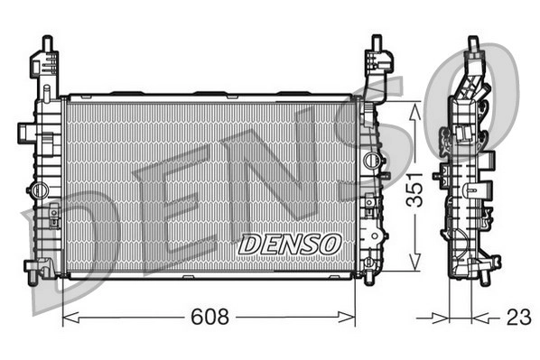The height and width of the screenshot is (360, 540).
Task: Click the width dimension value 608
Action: click(x=209, y=317)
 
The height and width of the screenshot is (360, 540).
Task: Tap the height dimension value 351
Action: click(x=414, y=189)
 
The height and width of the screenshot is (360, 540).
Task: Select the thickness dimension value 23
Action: click(x=519, y=317)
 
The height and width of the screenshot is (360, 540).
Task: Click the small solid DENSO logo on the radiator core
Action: click(x=290, y=245)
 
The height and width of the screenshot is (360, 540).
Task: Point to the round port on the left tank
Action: click(x=39, y=189)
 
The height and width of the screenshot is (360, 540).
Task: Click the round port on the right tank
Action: click(x=371, y=160)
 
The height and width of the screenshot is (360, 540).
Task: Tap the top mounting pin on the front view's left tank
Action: click(x=47, y=42)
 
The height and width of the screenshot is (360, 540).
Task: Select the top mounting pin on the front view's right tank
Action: click(x=377, y=42)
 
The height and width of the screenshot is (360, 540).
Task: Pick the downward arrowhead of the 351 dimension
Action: click(x=414, y=261)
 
